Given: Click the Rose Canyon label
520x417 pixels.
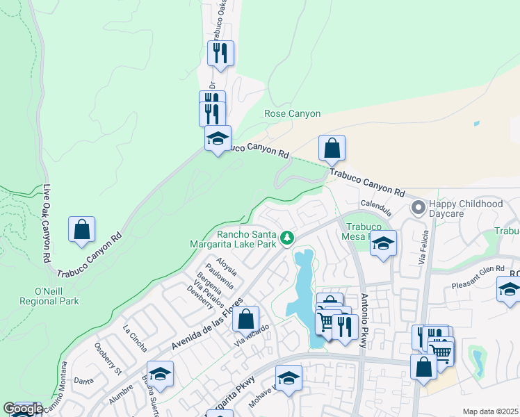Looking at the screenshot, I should click(x=292, y=113).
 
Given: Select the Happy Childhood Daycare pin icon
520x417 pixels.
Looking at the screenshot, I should click(x=418, y=208).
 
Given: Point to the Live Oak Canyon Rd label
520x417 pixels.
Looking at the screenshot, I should click(x=47, y=222).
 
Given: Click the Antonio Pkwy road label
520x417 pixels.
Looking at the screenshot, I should click(x=364, y=320).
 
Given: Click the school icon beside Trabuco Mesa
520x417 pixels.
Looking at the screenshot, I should click(x=383, y=244).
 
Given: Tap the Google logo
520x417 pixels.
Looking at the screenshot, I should click(x=23, y=409).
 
